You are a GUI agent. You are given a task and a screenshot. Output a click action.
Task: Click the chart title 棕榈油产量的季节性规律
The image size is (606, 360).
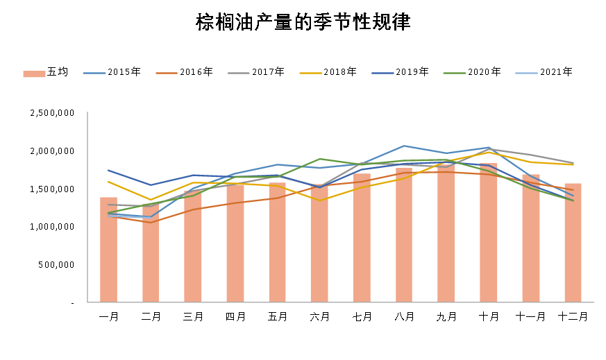point(303,23)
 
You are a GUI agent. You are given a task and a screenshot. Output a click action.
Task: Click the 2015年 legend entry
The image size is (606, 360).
point(112,72)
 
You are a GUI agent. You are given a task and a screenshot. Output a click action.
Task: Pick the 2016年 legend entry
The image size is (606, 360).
point(184,72)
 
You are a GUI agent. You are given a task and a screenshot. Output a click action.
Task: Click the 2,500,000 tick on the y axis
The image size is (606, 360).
point(52,113)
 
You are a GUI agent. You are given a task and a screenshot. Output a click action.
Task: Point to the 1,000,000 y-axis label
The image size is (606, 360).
point(52,227)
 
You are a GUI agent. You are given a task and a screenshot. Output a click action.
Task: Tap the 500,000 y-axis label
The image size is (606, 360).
point(57,265)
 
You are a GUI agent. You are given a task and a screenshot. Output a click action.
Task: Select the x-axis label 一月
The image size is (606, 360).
point(109,317)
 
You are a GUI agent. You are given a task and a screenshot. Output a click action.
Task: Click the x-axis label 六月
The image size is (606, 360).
point(320,317)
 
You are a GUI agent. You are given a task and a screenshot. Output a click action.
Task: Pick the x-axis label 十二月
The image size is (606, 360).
point(573,317)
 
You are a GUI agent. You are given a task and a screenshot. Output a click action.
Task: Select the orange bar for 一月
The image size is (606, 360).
point(109,250)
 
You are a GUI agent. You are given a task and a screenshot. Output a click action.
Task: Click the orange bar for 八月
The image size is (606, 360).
point(404,236)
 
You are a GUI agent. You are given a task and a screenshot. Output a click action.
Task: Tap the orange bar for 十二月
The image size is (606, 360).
point(573,243)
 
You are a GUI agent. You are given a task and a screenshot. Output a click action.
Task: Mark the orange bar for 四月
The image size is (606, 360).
point(235,243)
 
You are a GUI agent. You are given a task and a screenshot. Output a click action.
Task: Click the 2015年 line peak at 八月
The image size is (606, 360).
point(404,146)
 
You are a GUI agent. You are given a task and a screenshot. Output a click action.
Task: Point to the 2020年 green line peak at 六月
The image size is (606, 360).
point(320,159)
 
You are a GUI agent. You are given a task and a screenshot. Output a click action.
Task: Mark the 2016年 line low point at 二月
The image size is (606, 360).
point(151,222)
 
